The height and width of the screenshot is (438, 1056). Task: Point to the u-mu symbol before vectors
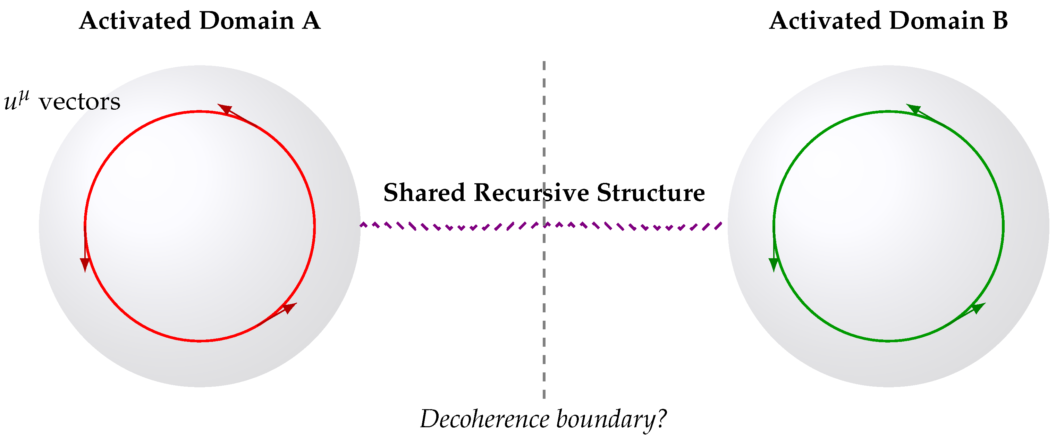(x=16, y=101)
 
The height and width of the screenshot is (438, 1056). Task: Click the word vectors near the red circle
(x=79, y=102)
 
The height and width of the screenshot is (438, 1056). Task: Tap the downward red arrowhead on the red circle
(x=85, y=264)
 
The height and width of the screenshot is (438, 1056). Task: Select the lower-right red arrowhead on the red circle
(x=289, y=307)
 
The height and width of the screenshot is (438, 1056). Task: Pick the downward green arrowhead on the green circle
(x=774, y=264)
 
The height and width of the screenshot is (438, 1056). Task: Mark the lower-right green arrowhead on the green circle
(x=978, y=307)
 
